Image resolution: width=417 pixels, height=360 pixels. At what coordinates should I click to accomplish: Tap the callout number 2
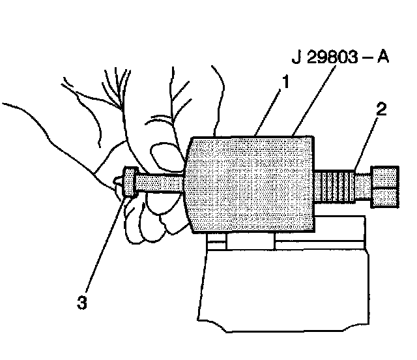point(381,108)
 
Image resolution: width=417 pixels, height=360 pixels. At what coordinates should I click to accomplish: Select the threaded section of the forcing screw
point(339,187)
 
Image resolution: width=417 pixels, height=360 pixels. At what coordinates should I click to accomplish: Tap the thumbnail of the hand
point(159,157)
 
